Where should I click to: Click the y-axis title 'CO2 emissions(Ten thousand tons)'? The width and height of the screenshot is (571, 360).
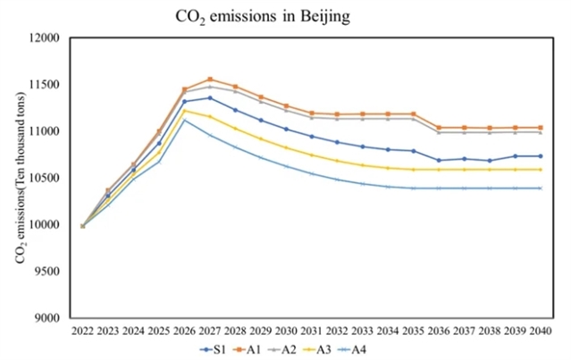(21, 179)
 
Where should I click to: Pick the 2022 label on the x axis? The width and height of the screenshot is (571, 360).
(82, 331)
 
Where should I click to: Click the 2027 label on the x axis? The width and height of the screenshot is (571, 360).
(209, 331)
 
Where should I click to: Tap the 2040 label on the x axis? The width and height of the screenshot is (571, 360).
(541, 331)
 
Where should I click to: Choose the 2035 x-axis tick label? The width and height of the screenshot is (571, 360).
(413, 331)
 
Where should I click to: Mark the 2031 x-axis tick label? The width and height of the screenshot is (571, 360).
(311, 331)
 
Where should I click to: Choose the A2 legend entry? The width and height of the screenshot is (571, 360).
(298, 348)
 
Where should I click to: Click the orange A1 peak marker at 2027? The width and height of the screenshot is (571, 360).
(209, 80)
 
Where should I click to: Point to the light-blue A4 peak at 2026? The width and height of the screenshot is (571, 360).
(184, 120)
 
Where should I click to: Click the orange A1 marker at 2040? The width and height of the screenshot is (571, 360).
(541, 128)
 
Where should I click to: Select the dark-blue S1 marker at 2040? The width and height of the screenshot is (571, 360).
(541, 155)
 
